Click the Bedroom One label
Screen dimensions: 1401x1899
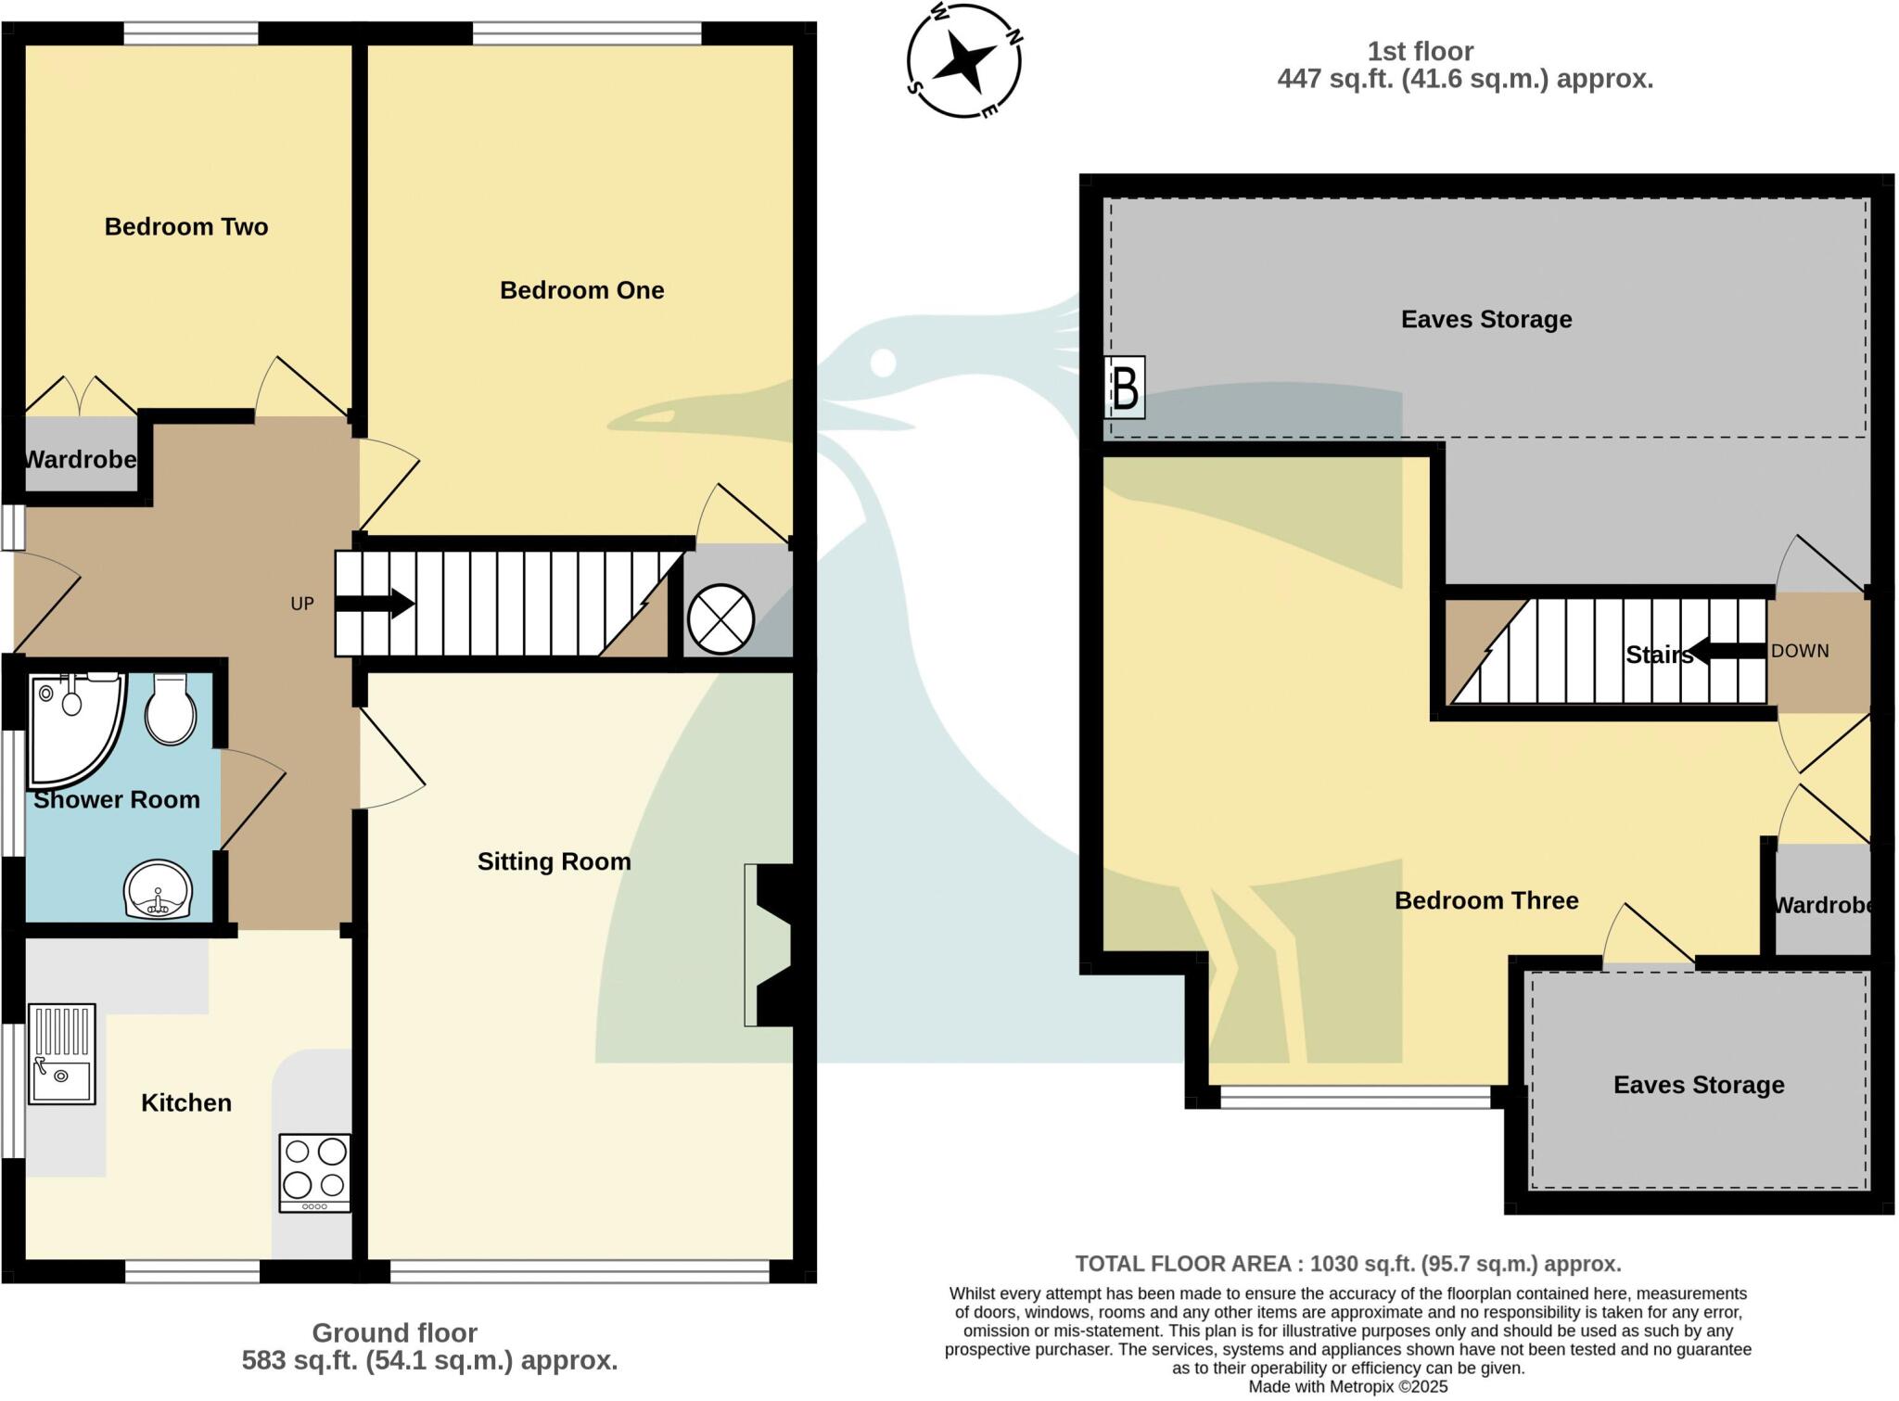(581, 290)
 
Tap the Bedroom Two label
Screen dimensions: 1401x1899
(185, 226)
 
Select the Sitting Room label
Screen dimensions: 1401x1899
(554, 861)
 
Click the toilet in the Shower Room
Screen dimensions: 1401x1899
(171, 709)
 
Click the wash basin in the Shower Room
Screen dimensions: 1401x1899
(158, 889)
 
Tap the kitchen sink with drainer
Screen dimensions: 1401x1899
(62, 1054)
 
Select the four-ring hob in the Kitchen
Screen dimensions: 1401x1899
(315, 1172)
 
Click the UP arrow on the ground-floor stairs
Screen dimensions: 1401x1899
(375, 604)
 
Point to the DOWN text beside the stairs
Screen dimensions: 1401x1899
(1799, 651)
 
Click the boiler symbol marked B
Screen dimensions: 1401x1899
(1125, 388)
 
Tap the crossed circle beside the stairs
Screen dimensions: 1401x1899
(720, 619)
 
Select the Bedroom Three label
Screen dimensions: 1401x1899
(1485, 900)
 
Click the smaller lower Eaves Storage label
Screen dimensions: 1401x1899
(1698, 1085)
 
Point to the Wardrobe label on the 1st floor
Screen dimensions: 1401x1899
(1823, 905)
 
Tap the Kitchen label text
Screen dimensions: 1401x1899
(185, 1102)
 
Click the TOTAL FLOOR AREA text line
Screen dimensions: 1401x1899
(1347, 1264)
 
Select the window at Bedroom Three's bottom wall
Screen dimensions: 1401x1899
(1355, 1098)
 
